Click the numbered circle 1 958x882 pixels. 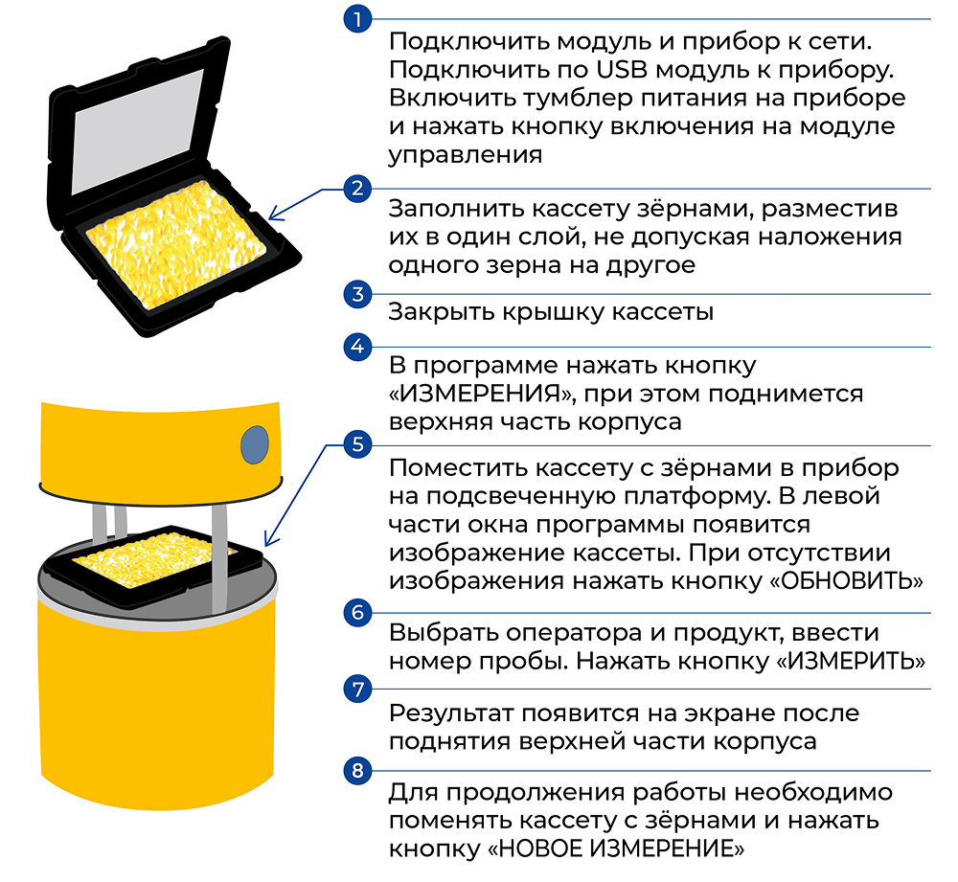click(x=358, y=19)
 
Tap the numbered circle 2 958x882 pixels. click(x=358, y=188)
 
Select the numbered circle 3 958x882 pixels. click(x=358, y=294)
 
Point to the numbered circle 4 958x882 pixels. click(x=358, y=347)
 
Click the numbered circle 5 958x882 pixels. click(x=358, y=444)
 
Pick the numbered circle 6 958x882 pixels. click(x=358, y=613)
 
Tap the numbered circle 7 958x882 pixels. click(x=358, y=689)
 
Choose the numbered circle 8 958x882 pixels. click(x=358, y=770)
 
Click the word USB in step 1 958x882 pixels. click(x=622, y=70)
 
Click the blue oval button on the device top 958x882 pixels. click(x=255, y=444)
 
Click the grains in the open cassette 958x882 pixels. click(x=176, y=243)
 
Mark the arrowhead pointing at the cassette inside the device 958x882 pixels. click(x=271, y=537)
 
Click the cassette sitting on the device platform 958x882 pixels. click(x=152, y=565)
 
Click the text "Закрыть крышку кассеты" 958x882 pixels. click(x=551, y=312)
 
